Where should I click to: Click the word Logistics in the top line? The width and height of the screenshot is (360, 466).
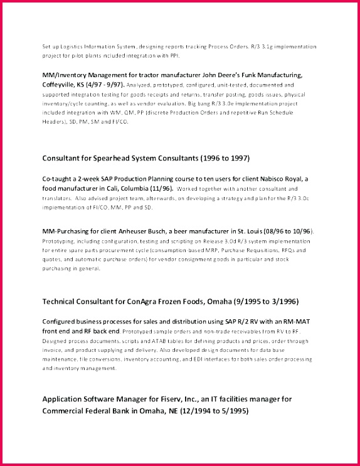point(70,47)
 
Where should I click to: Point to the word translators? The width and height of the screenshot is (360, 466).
point(56,197)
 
